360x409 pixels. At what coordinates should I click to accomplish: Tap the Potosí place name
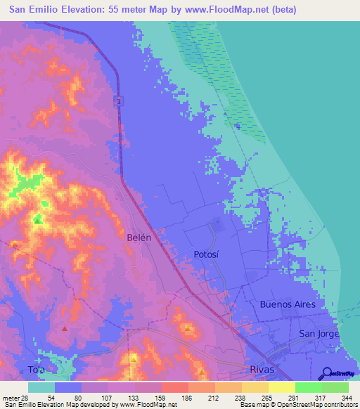(208, 254)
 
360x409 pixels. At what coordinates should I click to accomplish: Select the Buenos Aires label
(292, 304)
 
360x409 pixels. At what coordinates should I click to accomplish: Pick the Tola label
(17, 368)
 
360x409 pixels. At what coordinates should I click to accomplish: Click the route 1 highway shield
(120, 103)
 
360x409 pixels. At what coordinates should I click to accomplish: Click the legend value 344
(347, 398)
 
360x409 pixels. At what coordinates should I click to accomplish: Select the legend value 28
(25, 398)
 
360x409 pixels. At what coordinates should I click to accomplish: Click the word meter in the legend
(10, 398)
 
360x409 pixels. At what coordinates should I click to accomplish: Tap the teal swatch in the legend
(41, 387)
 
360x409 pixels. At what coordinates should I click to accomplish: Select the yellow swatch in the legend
(281, 387)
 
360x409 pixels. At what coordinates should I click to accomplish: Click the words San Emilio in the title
(34, 10)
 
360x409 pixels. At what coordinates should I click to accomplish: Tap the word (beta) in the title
(281, 10)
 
